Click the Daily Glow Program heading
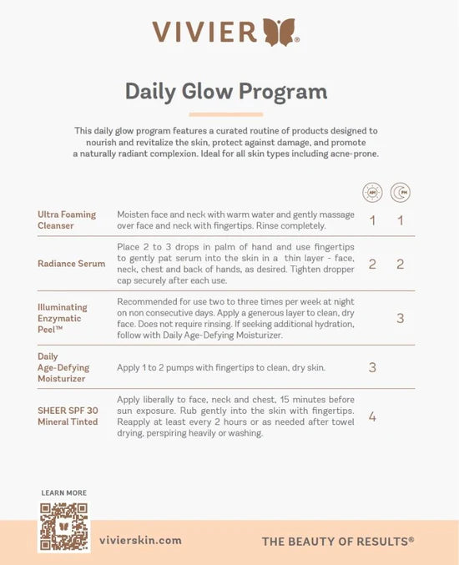(226, 91)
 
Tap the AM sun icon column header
(372, 193)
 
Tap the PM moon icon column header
(401, 193)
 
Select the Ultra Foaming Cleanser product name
(68, 220)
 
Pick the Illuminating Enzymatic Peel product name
(63, 318)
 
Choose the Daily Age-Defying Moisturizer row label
(63, 367)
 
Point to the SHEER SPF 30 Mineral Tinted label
(68, 416)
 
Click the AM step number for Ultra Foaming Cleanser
(372, 221)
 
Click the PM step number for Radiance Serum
(401, 265)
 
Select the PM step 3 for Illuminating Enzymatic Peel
(401, 318)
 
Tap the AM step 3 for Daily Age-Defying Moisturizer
(372, 367)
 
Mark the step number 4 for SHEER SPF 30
(372, 416)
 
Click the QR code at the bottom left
(64, 526)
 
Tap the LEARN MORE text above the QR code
(64, 493)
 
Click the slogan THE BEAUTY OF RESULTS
(338, 541)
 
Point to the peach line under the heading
(226, 114)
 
